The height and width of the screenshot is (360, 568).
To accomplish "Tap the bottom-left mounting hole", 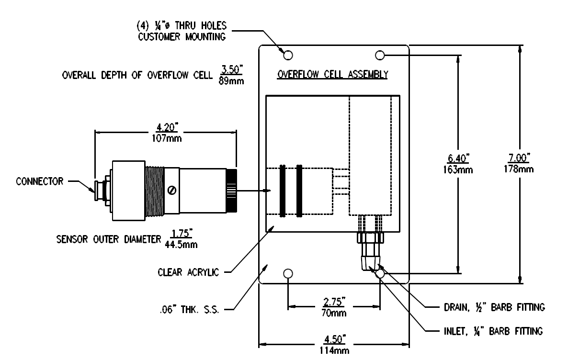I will (x=288, y=274).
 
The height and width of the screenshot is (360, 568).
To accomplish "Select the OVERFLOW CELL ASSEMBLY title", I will (x=333, y=75).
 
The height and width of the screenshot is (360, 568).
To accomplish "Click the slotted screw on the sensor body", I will (x=171, y=191).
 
